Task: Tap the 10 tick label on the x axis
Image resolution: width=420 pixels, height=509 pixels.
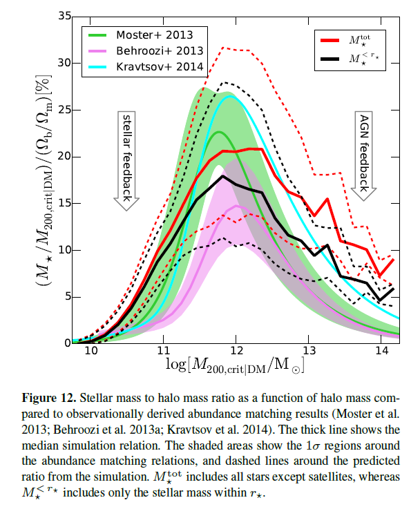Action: [90, 350]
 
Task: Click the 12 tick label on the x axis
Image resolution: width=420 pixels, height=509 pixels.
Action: [236, 350]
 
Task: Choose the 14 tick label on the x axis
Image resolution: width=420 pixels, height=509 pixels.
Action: [382, 350]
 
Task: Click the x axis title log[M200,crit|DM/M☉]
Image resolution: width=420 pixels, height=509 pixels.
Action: [235, 365]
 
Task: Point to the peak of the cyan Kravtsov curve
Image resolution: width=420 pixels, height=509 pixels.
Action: [231, 97]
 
